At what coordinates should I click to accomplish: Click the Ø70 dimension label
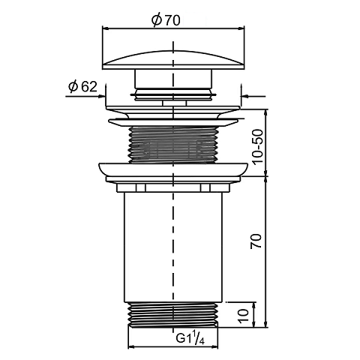click(x=166, y=19)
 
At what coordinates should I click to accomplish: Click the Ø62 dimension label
click(x=82, y=86)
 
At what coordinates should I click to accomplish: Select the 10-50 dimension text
click(x=258, y=146)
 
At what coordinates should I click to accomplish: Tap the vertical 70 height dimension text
click(x=256, y=241)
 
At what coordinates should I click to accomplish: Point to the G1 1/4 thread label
click(x=190, y=339)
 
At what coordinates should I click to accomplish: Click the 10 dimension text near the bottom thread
click(x=244, y=316)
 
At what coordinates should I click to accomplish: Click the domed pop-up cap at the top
click(x=173, y=60)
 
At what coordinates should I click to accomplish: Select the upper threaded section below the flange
click(x=172, y=145)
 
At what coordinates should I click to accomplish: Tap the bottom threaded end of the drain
click(x=172, y=314)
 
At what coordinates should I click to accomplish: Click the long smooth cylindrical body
click(x=173, y=247)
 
